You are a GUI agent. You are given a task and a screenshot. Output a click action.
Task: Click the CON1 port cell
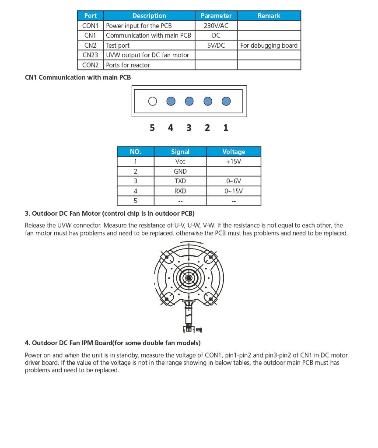coord(90,26)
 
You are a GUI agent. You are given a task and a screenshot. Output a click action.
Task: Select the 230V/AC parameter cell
coord(216,26)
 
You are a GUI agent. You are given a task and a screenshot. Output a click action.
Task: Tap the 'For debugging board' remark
coord(269,45)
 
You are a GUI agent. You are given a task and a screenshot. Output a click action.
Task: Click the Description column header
coord(149,16)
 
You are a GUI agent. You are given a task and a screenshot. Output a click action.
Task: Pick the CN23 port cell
coord(90,55)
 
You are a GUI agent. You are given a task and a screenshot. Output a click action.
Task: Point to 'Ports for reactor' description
coord(128,65)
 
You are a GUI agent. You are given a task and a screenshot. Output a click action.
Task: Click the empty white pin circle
coord(152,101)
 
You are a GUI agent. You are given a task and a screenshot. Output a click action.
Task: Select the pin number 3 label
coord(189,128)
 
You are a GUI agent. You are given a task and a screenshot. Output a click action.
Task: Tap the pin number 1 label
coord(226,128)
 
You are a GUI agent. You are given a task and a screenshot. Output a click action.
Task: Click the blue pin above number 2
coord(207,101)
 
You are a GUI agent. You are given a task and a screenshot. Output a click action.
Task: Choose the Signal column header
coord(180,152)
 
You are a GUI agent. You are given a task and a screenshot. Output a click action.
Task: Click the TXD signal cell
coord(180,181)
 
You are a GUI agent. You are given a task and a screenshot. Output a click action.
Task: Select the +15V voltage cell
coord(234,161)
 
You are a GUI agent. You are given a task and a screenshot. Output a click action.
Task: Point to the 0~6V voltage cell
coord(234,181)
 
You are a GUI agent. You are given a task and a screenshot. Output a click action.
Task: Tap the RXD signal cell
coord(180,191)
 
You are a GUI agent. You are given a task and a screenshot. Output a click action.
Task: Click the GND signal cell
coord(180,171)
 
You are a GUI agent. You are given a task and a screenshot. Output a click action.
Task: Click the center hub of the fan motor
coord(189,278)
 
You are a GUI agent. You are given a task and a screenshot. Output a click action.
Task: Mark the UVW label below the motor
coord(199,329)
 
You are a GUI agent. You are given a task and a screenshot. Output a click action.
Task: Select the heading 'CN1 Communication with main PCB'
coord(78,77)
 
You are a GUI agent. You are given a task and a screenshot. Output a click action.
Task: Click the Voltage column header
coord(234,152)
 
